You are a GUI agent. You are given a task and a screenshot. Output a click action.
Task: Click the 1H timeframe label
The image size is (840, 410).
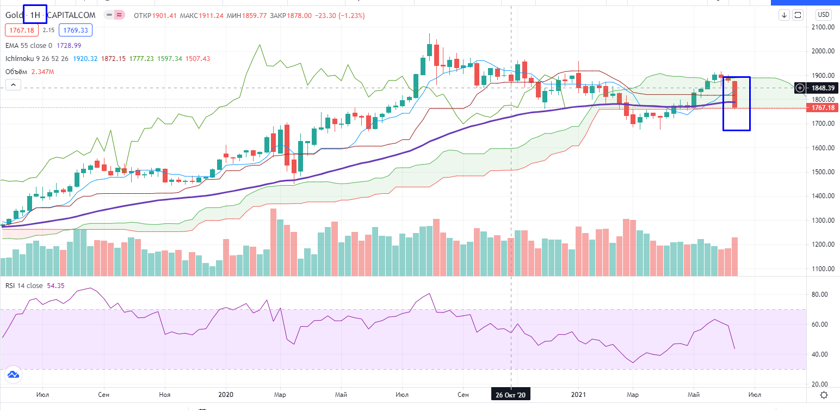(35, 15)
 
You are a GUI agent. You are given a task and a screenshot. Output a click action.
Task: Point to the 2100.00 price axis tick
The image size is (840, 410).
(823, 27)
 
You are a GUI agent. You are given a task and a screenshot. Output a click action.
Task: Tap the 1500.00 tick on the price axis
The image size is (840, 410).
(823, 172)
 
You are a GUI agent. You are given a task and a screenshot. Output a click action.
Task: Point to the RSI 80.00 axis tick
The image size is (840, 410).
(820, 295)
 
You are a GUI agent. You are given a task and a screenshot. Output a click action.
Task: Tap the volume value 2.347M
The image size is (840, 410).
(43, 71)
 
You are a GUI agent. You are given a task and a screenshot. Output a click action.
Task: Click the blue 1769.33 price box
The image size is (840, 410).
(76, 29)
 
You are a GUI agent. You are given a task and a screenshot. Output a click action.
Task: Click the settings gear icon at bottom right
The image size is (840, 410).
(824, 395)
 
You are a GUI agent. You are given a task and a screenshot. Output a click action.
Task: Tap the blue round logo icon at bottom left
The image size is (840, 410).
(13, 375)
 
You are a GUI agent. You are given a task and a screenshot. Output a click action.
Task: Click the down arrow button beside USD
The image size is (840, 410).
(785, 15)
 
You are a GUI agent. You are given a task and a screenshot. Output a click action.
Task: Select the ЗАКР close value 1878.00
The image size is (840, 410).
(300, 15)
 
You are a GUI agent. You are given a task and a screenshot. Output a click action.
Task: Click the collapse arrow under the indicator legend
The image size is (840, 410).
(13, 84)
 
